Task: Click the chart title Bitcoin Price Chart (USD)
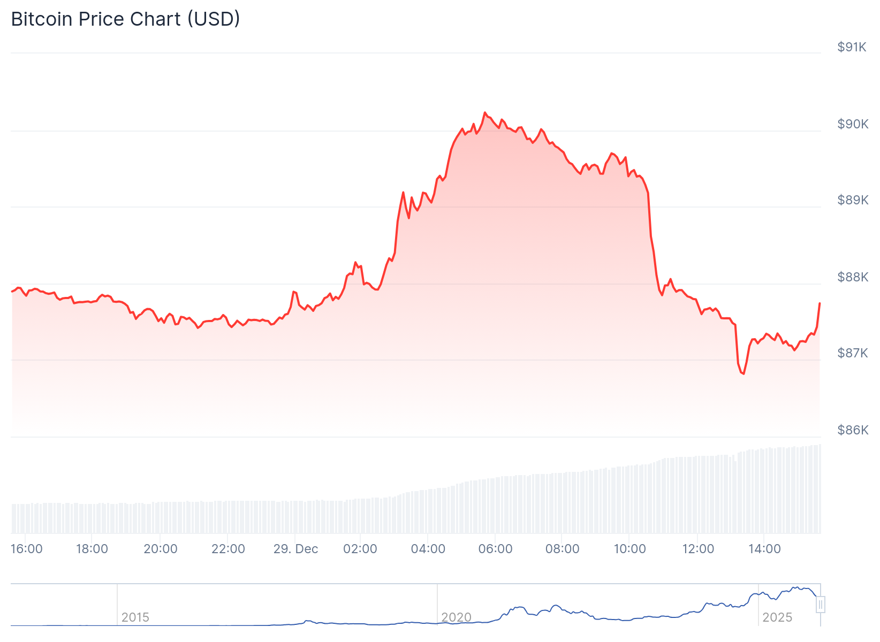click(x=126, y=19)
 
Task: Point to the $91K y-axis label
click(x=852, y=47)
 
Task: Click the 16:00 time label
click(x=27, y=549)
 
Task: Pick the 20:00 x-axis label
click(x=161, y=549)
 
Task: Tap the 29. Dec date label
click(x=295, y=549)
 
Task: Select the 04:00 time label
click(x=428, y=549)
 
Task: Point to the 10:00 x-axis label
click(x=629, y=549)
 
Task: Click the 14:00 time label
click(x=764, y=549)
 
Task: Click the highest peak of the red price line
click(x=485, y=113)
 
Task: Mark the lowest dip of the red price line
click(x=744, y=373)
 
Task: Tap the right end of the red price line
click(x=820, y=303)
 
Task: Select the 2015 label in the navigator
click(x=135, y=617)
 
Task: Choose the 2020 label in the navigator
click(x=456, y=617)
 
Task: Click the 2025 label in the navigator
click(x=777, y=617)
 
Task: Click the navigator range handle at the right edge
click(x=821, y=605)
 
